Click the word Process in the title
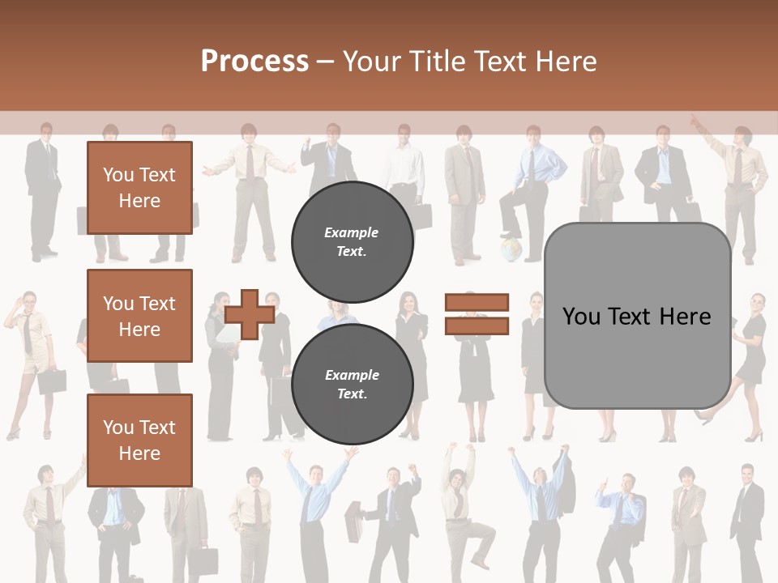pyautogui.click(x=254, y=62)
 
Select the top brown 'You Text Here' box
pyautogui.click(x=139, y=188)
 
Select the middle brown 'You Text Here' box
pyautogui.click(x=139, y=316)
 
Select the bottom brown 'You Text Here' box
pyautogui.click(x=139, y=440)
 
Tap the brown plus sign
pyautogui.click(x=249, y=315)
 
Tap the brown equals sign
pyautogui.click(x=477, y=314)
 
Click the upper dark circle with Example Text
pyautogui.click(x=353, y=242)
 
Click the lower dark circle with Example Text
pyautogui.click(x=353, y=385)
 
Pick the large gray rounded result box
pyautogui.click(x=637, y=316)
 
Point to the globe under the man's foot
pyautogui.click(x=510, y=249)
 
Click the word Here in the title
pyautogui.click(x=567, y=62)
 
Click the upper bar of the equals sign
pyautogui.click(x=477, y=302)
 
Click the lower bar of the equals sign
pyautogui.click(x=477, y=326)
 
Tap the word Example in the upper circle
pyautogui.click(x=351, y=232)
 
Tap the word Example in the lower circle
pyautogui.click(x=352, y=375)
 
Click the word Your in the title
pyautogui.click(x=374, y=62)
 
